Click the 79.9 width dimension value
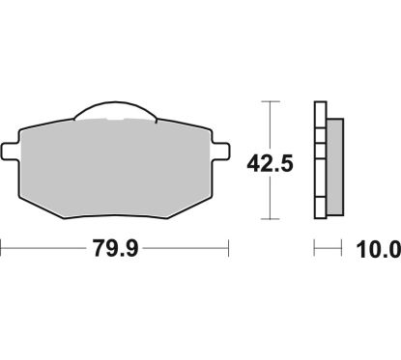pos(115,248)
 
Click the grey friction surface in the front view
pos(115,164)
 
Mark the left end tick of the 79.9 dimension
pos(2,248)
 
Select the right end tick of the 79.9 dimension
pos(229,248)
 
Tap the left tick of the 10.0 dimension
pos(316,248)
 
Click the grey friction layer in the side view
pos(335,164)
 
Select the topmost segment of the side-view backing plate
pos(321,108)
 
